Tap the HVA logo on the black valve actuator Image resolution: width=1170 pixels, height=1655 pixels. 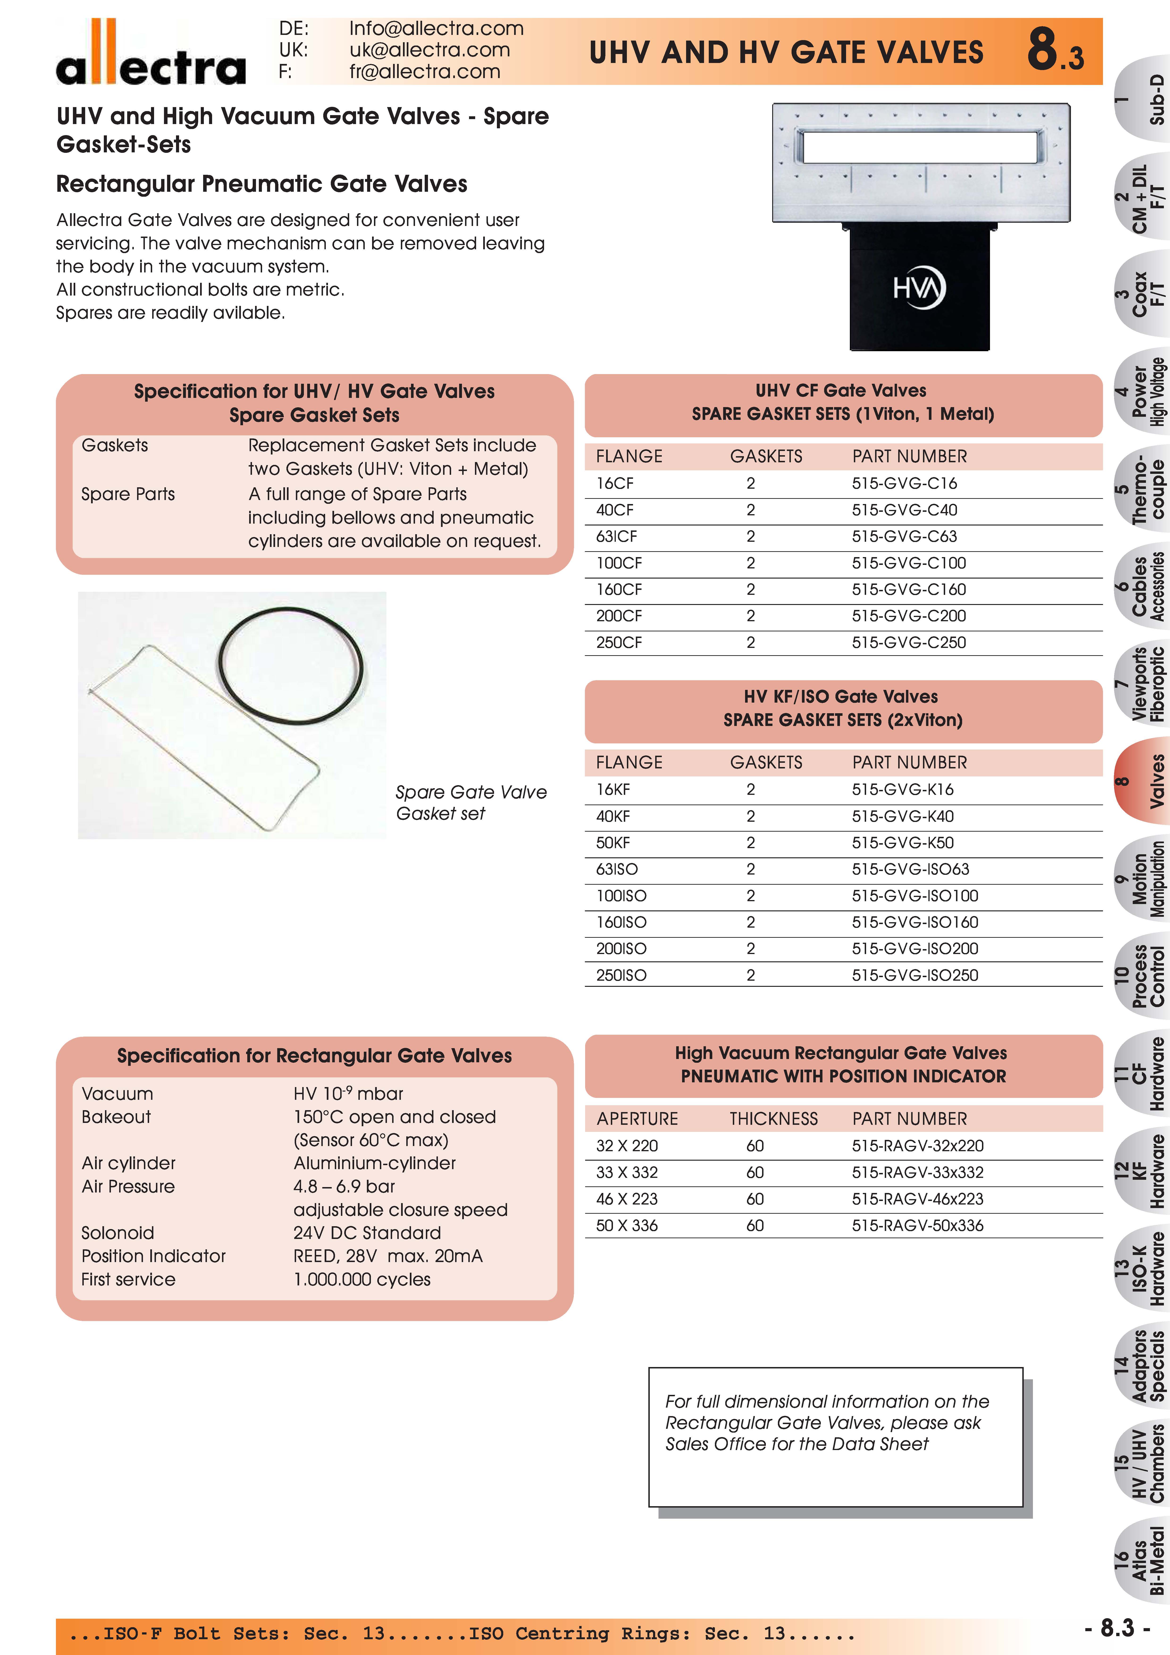coord(919,288)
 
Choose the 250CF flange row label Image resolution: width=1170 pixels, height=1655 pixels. coord(619,642)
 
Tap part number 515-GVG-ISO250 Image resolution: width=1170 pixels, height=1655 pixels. coord(915,975)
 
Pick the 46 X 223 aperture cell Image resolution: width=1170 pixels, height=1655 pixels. coord(626,1199)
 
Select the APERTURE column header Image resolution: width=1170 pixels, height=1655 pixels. coord(637,1119)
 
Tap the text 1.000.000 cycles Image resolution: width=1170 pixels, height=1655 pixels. coord(362,1280)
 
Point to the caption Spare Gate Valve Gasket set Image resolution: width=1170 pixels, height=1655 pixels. coord(471,802)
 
